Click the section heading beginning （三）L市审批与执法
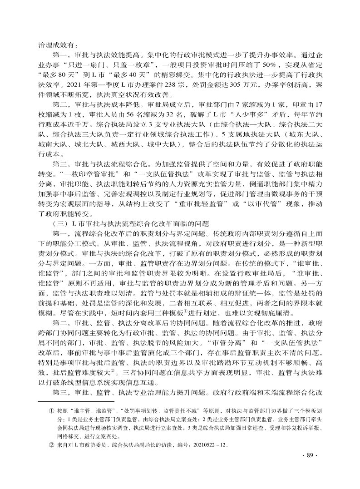[x=131, y=223]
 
